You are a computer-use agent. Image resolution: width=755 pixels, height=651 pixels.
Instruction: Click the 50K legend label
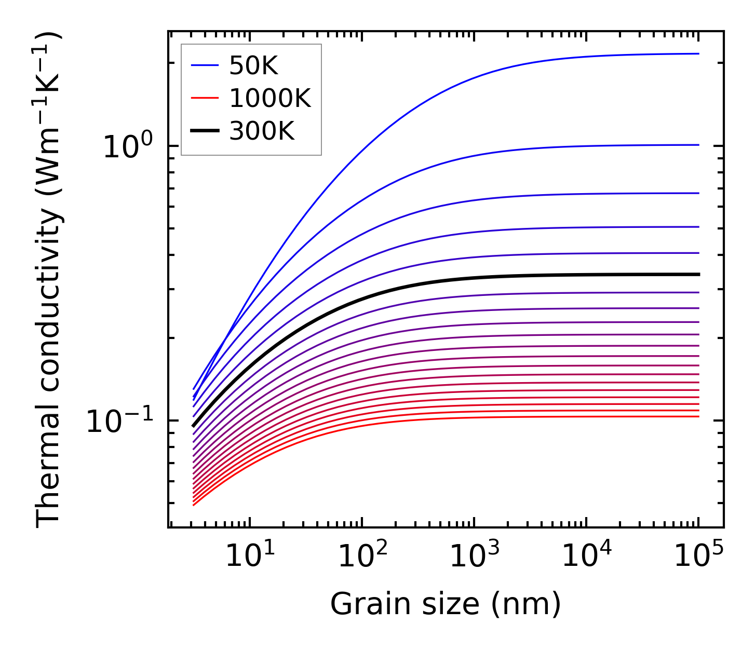tap(253, 66)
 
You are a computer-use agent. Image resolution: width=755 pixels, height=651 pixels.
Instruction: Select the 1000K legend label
tap(270, 98)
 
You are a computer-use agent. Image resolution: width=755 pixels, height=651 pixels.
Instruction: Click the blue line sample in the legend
tap(206, 65)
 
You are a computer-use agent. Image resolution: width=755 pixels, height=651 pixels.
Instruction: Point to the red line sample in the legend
tap(206, 98)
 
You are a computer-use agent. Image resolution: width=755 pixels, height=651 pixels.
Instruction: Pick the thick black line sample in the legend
tap(206, 131)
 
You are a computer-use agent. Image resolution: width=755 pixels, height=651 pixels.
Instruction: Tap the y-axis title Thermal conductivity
tap(49, 280)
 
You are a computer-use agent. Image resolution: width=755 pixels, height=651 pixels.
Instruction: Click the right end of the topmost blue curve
tap(698, 53)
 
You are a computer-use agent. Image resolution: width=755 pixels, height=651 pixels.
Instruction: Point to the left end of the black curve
tap(194, 426)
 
